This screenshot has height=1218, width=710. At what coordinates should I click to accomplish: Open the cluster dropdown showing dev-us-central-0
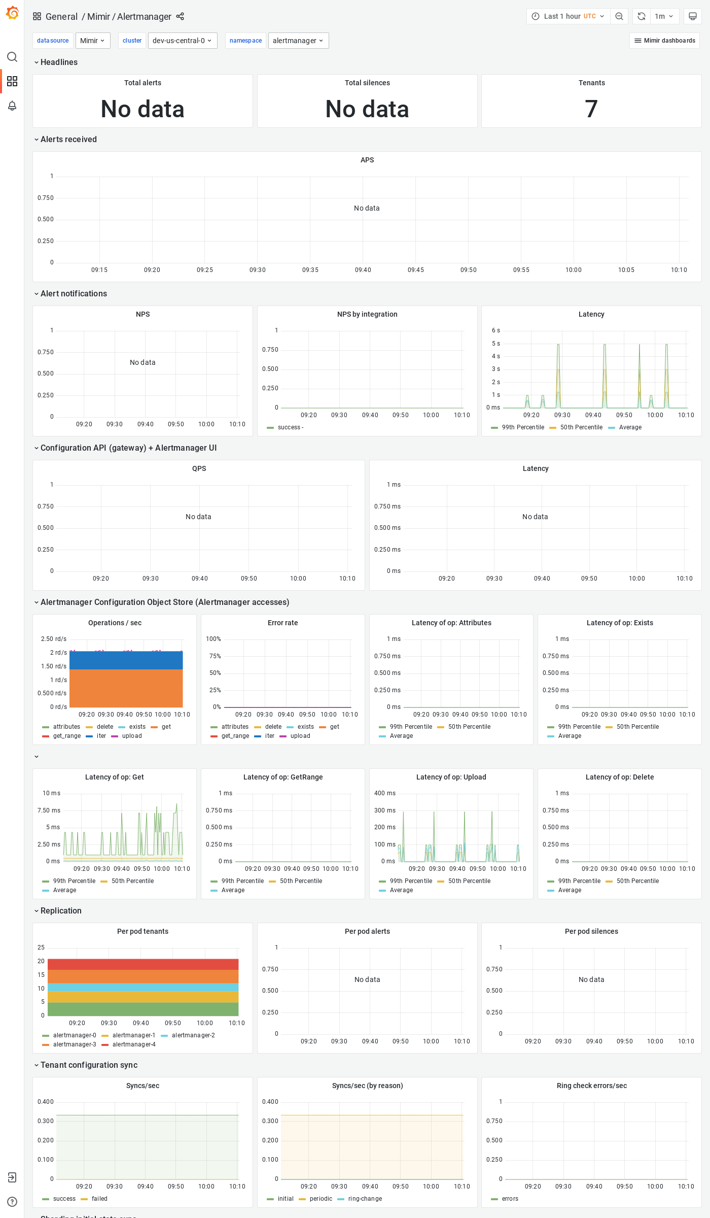(182, 41)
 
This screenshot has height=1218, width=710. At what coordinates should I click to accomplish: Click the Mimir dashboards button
(664, 41)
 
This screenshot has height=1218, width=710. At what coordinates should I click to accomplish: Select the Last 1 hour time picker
(568, 16)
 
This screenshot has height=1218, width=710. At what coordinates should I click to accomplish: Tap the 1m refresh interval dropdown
(663, 16)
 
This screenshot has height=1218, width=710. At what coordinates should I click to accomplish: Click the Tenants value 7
(591, 109)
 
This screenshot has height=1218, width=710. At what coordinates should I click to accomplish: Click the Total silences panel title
(367, 83)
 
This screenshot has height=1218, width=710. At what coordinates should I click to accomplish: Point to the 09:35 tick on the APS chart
(310, 270)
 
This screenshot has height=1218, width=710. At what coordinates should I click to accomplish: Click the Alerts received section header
(68, 139)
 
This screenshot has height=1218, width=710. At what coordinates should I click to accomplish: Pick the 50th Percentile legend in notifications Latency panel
(581, 427)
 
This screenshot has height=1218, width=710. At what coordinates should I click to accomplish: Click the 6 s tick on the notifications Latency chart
(495, 330)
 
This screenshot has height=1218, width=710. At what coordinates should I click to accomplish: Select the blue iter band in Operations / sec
(126, 660)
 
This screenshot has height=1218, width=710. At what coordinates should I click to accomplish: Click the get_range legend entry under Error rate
(235, 736)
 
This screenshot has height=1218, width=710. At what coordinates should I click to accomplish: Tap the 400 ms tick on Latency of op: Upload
(384, 793)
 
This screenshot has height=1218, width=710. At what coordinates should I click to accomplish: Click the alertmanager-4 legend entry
(134, 1044)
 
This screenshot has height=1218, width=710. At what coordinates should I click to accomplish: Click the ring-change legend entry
(365, 1199)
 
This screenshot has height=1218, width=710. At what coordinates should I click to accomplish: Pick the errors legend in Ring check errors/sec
(510, 1199)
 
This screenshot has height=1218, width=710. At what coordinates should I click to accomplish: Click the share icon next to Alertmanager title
(180, 16)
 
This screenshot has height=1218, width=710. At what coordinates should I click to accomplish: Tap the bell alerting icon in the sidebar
(12, 106)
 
